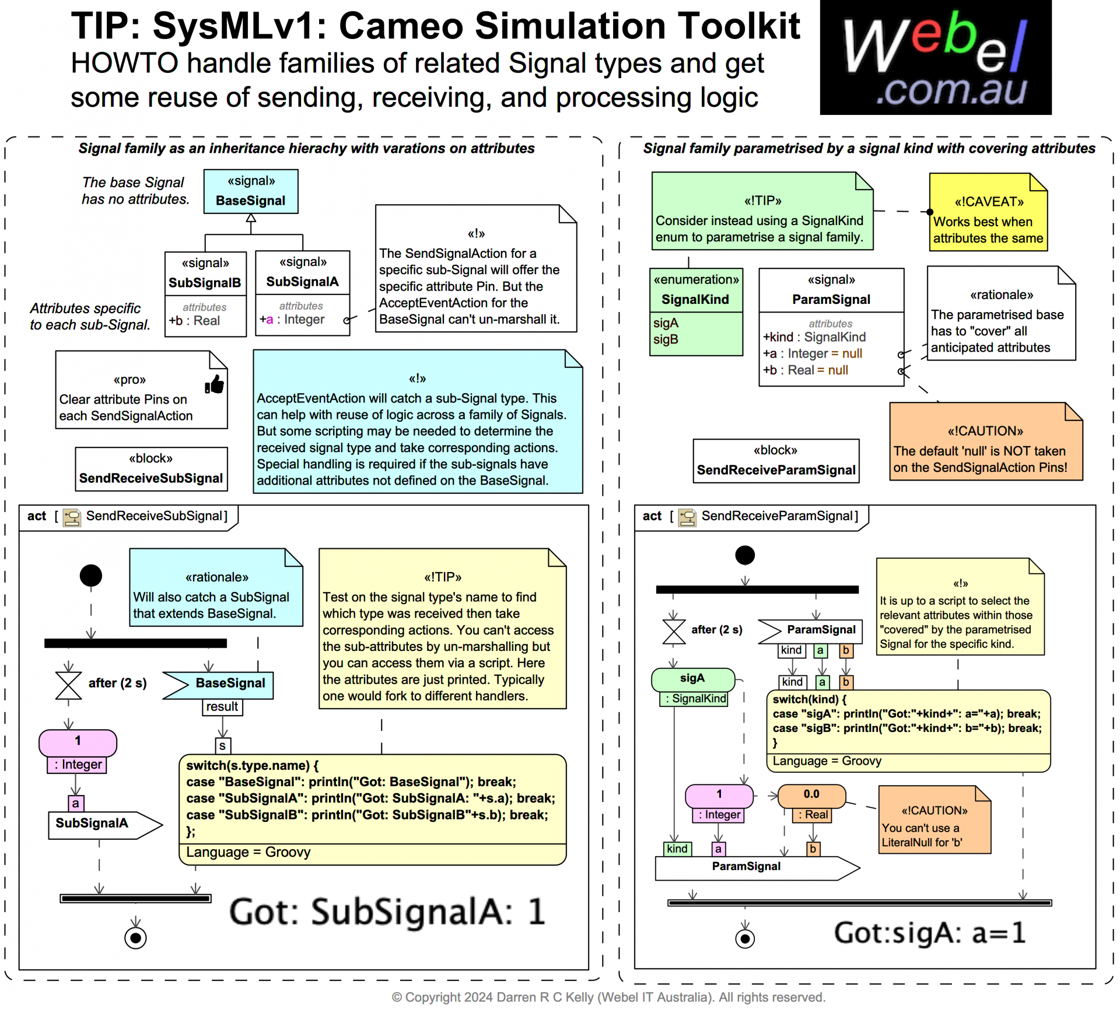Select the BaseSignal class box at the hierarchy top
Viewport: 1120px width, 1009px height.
tap(251, 191)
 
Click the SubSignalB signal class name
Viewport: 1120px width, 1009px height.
tap(205, 283)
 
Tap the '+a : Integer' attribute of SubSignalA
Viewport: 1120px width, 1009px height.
tap(292, 320)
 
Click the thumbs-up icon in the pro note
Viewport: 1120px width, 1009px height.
tap(214, 384)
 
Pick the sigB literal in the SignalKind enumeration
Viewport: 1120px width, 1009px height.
tap(666, 339)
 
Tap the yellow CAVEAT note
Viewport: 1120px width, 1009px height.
tap(988, 213)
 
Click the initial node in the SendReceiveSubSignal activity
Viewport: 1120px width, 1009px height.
tap(91, 576)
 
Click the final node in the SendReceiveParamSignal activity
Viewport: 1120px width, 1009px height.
tap(744, 939)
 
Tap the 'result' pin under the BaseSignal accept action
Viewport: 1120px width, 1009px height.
tap(222, 707)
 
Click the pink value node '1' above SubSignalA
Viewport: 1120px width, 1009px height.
tap(78, 742)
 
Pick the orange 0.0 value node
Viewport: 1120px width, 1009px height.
tap(811, 795)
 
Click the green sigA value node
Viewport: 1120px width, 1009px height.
tap(692, 679)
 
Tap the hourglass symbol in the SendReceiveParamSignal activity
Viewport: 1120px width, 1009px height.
tap(674, 630)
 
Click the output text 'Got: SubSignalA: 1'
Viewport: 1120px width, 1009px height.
tap(387, 912)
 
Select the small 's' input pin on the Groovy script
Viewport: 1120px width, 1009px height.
tap(222, 746)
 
